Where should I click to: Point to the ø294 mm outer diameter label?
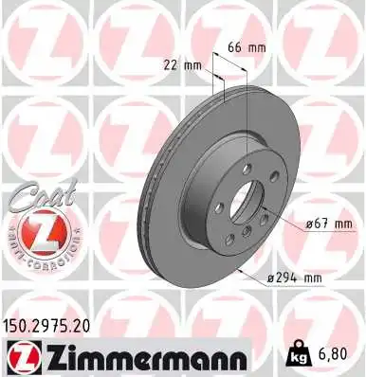coord(297,278)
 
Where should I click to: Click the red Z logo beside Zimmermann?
coord(21,357)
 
